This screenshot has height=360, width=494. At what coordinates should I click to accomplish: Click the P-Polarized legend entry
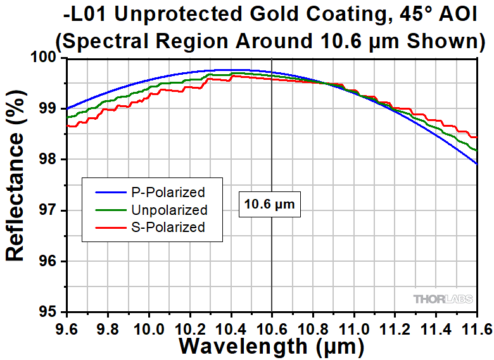(x=167, y=192)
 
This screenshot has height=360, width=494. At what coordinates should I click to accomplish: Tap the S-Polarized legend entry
(x=168, y=227)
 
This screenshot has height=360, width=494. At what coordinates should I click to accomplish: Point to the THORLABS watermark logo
(x=444, y=299)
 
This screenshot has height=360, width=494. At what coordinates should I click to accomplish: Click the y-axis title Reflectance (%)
(x=15, y=184)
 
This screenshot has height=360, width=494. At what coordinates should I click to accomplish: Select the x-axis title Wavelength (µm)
(x=271, y=346)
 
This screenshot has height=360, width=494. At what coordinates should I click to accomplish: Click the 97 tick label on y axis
(x=51, y=210)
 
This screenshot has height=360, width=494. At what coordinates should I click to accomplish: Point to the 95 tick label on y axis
(x=51, y=312)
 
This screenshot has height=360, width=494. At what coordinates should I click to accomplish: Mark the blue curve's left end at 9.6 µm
(x=66, y=109)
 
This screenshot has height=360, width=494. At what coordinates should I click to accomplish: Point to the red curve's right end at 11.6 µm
(x=476, y=137)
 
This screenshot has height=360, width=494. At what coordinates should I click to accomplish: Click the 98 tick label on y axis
(x=51, y=160)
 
